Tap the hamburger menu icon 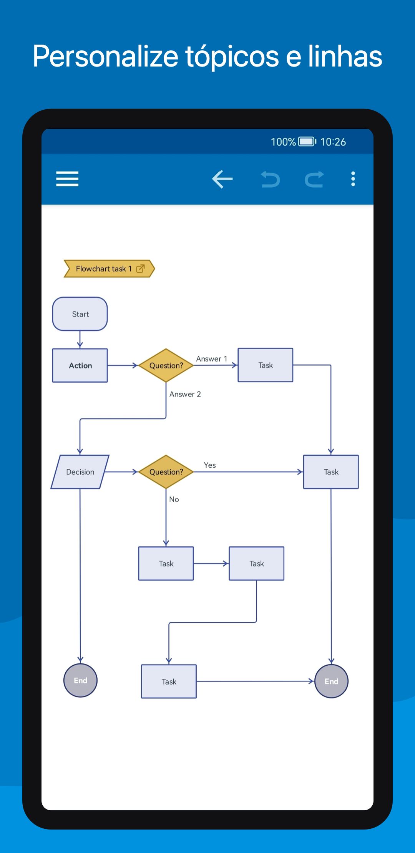pos(67,179)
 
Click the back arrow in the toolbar pos(222,179)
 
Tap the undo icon pos(271,179)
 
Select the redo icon pos(314,179)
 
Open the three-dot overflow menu pos(353,179)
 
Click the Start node pos(80,314)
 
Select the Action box pos(80,365)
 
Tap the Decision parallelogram pos(80,472)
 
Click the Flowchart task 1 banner pos(109,268)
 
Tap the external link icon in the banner pos(141,268)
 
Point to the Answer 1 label pos(212,359)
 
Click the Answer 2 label pos(185,394)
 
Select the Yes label pos(210,465)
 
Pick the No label pos(174,499)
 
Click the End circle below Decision pos(80,680)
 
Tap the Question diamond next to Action pos(166,365)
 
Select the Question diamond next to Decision pos(166,472)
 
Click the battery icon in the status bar pos(307,142)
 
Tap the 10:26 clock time pos(333,142)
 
